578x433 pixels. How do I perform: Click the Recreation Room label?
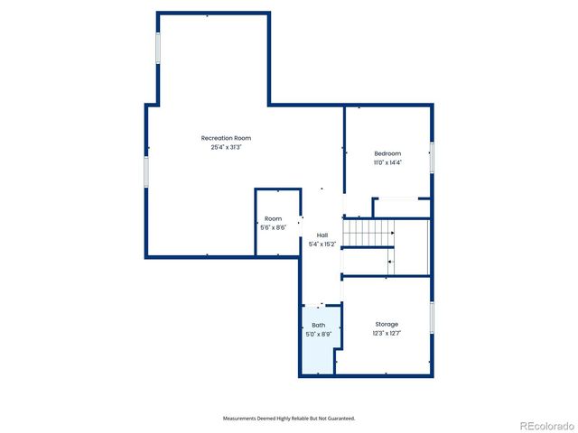[226, 138]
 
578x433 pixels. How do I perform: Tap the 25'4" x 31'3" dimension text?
[226, 147]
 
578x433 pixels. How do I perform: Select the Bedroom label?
[387, 153]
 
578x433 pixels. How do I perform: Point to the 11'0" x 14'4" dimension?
[387, 162]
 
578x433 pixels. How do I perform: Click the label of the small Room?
[273, 219]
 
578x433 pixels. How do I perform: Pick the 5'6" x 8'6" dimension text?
[273, 227]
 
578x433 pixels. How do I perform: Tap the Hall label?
[322, 235]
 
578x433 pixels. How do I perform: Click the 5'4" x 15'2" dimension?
[322, 244]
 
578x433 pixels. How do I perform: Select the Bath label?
[319, 325]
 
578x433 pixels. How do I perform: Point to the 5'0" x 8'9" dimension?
[319, 334]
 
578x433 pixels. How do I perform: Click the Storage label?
[387, 324]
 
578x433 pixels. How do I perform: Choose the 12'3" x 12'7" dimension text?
[387, 333]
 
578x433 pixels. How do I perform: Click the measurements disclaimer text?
[289, 419]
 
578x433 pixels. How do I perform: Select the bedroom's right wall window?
[431, 157]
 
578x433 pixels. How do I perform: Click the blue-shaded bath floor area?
[317, 352]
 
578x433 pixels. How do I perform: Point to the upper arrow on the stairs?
[391, 234]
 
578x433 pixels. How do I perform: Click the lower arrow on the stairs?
[390, 262]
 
